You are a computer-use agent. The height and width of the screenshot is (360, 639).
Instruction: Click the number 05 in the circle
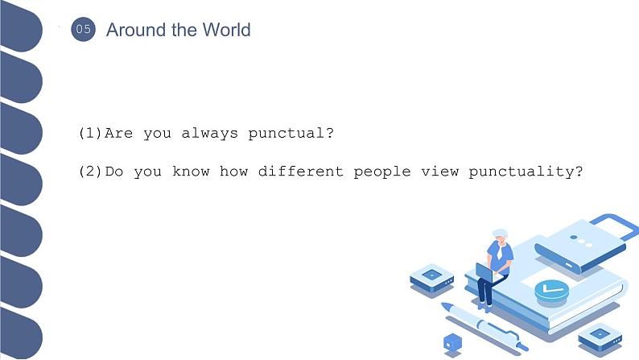[83, 31]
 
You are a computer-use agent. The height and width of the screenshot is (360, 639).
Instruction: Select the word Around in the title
[131, 31]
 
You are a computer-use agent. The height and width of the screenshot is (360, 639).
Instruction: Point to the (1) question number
[91, 133]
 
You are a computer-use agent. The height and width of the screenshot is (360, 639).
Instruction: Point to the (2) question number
[91, 172]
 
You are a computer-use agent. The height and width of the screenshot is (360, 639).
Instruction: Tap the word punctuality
[525, 172]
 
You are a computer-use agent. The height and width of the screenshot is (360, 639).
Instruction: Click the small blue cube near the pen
[453, 342]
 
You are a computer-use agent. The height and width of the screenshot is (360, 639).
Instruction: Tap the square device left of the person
[432, 279]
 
